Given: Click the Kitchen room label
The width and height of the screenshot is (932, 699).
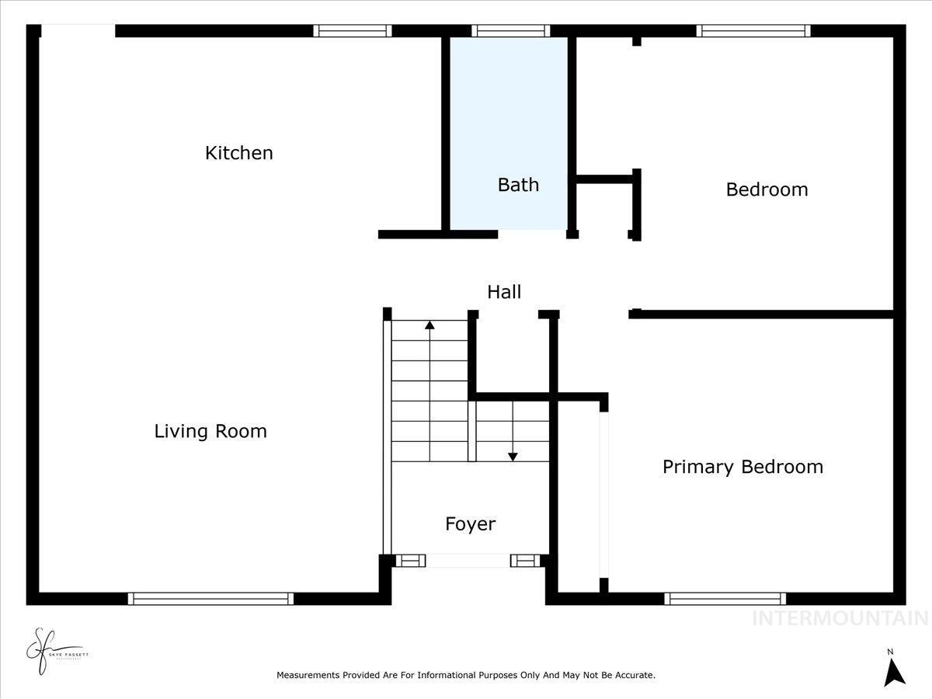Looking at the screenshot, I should point(238,153).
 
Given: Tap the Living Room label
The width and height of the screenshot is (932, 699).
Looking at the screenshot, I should point(210,432).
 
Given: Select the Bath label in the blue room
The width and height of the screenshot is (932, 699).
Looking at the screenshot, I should point(518,185).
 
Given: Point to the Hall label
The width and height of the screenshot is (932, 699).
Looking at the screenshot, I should point(504,292).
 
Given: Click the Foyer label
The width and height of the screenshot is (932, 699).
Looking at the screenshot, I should point(470,524).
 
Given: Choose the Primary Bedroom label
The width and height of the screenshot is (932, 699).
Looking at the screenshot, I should point(742,467).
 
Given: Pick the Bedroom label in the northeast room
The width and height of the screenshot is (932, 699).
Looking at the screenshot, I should point(767,190).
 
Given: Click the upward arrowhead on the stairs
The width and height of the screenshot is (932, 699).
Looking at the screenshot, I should point(429,325).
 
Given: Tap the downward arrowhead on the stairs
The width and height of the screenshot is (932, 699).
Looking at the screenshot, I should point(513,457).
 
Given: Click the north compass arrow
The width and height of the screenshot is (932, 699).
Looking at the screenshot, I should point(895,671).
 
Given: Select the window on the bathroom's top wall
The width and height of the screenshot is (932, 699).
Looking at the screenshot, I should point(511,31).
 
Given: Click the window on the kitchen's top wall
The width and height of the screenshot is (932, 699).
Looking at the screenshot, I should point(353,31).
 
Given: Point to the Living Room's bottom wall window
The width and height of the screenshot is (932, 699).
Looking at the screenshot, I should point(210,599).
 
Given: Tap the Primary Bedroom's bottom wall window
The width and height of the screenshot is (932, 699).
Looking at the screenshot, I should point(725,599).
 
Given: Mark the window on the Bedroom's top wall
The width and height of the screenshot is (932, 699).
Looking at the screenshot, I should point(753,31).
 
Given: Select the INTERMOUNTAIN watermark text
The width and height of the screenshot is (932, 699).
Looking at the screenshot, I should point(840,618).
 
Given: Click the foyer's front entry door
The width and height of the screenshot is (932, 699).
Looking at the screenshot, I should point(468,561).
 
